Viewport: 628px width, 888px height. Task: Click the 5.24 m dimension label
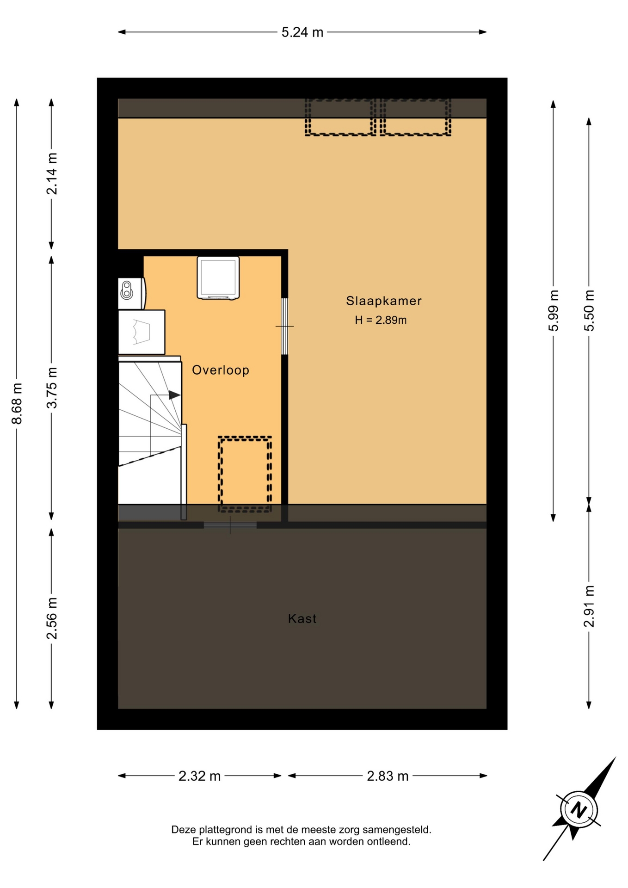[302, 32]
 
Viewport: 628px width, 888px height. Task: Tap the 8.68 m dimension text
[17, 403]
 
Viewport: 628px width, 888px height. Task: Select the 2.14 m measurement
[52, 173]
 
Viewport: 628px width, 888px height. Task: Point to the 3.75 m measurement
[52, 388]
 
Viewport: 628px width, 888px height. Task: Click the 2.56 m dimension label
[52, 618]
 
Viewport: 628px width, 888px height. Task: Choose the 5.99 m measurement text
[554, 310]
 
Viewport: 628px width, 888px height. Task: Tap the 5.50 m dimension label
[589, 310]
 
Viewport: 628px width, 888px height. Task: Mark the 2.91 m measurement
[589, 606]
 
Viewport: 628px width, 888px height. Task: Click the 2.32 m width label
[199, 776]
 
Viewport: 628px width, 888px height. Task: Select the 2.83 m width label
[388, 776]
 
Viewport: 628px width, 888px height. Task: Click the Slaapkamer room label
[384, 301]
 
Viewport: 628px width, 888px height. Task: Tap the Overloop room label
[221, 370]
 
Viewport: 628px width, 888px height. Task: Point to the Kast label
[302, 619]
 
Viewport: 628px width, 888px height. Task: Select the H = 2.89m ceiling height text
[381, 320]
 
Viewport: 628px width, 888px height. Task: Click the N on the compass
[578, 810]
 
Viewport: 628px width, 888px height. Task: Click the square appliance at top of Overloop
[218, 278]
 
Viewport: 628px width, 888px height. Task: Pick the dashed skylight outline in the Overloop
[245, 474]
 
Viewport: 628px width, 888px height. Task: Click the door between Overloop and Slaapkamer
[285, 327]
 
